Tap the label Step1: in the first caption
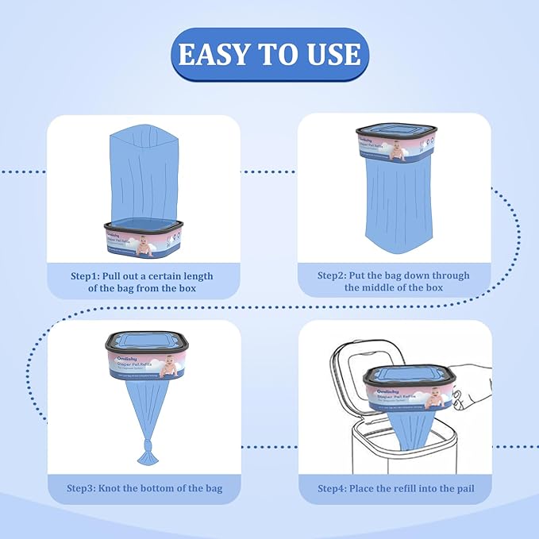[90, 275]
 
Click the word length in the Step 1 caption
[194, 275]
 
